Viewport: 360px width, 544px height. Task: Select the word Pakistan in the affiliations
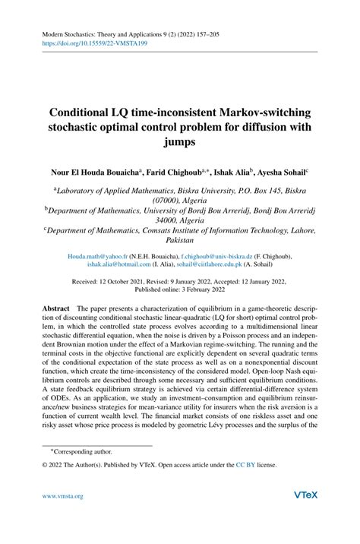(180, 238)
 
